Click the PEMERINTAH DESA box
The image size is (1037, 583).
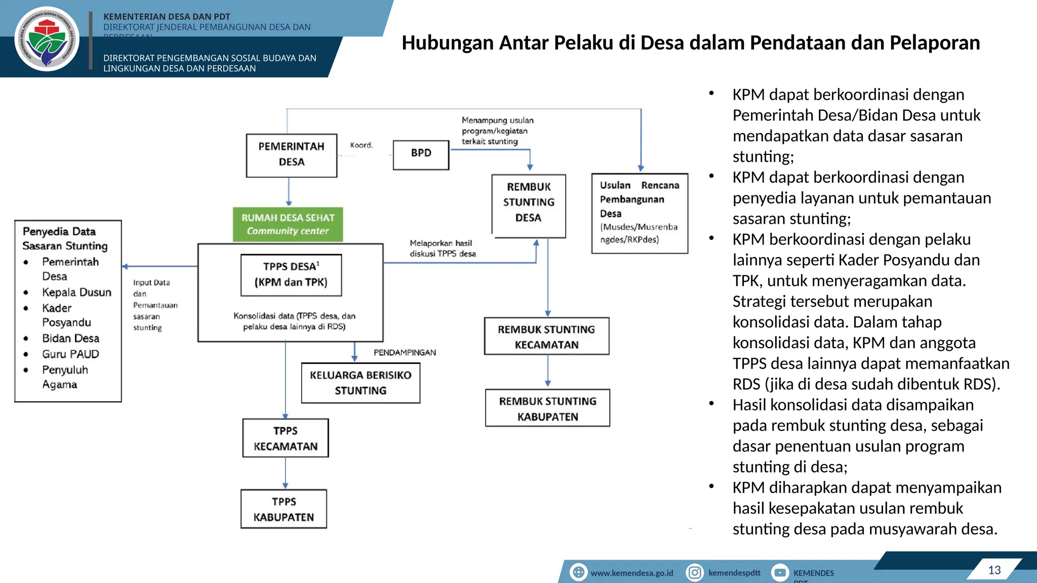click(291, 155)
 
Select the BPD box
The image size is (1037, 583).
click(421, 154)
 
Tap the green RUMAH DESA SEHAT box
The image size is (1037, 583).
click(288, 224)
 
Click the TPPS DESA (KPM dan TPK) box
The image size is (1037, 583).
click(291, 275)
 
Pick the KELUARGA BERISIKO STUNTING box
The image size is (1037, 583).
click(361, 383)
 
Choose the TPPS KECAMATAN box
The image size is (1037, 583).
click(286, 438)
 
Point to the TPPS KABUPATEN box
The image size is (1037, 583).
click(284, 509)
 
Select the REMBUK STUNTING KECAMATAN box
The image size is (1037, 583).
click(546, 337)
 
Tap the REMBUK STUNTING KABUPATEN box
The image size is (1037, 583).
click(547, 408)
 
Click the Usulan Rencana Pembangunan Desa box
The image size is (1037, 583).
click(640, 213)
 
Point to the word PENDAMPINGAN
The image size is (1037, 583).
click(405, 353)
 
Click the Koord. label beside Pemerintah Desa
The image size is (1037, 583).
click(361, 145)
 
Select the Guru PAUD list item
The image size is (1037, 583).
click(70, 354)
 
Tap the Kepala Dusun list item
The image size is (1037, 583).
click(76, 293)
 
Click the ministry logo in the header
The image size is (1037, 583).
click(47, 39)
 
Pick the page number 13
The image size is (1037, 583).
click(994, 570)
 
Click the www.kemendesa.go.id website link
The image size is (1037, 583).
click(631, 573)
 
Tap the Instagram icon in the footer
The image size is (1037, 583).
click(695, 572)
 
